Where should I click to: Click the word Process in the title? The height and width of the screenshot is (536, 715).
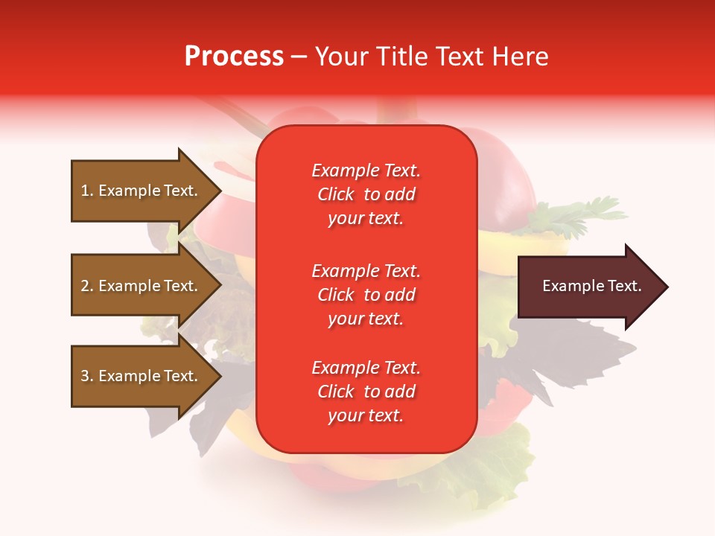tap(234, 57)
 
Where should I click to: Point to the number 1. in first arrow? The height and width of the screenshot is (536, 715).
tap(87, 191)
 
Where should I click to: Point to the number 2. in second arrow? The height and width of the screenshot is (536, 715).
tap(87, 286)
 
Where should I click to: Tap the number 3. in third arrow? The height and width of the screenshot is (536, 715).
tap(87, 376)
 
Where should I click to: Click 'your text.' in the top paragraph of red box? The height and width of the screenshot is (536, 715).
tap(366, 219)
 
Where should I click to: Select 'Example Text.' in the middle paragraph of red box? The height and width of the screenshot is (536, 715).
tap(366, 270)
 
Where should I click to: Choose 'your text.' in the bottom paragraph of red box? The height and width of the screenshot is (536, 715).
tap(366, 416)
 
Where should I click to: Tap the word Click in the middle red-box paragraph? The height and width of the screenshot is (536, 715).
tap(336, 295)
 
